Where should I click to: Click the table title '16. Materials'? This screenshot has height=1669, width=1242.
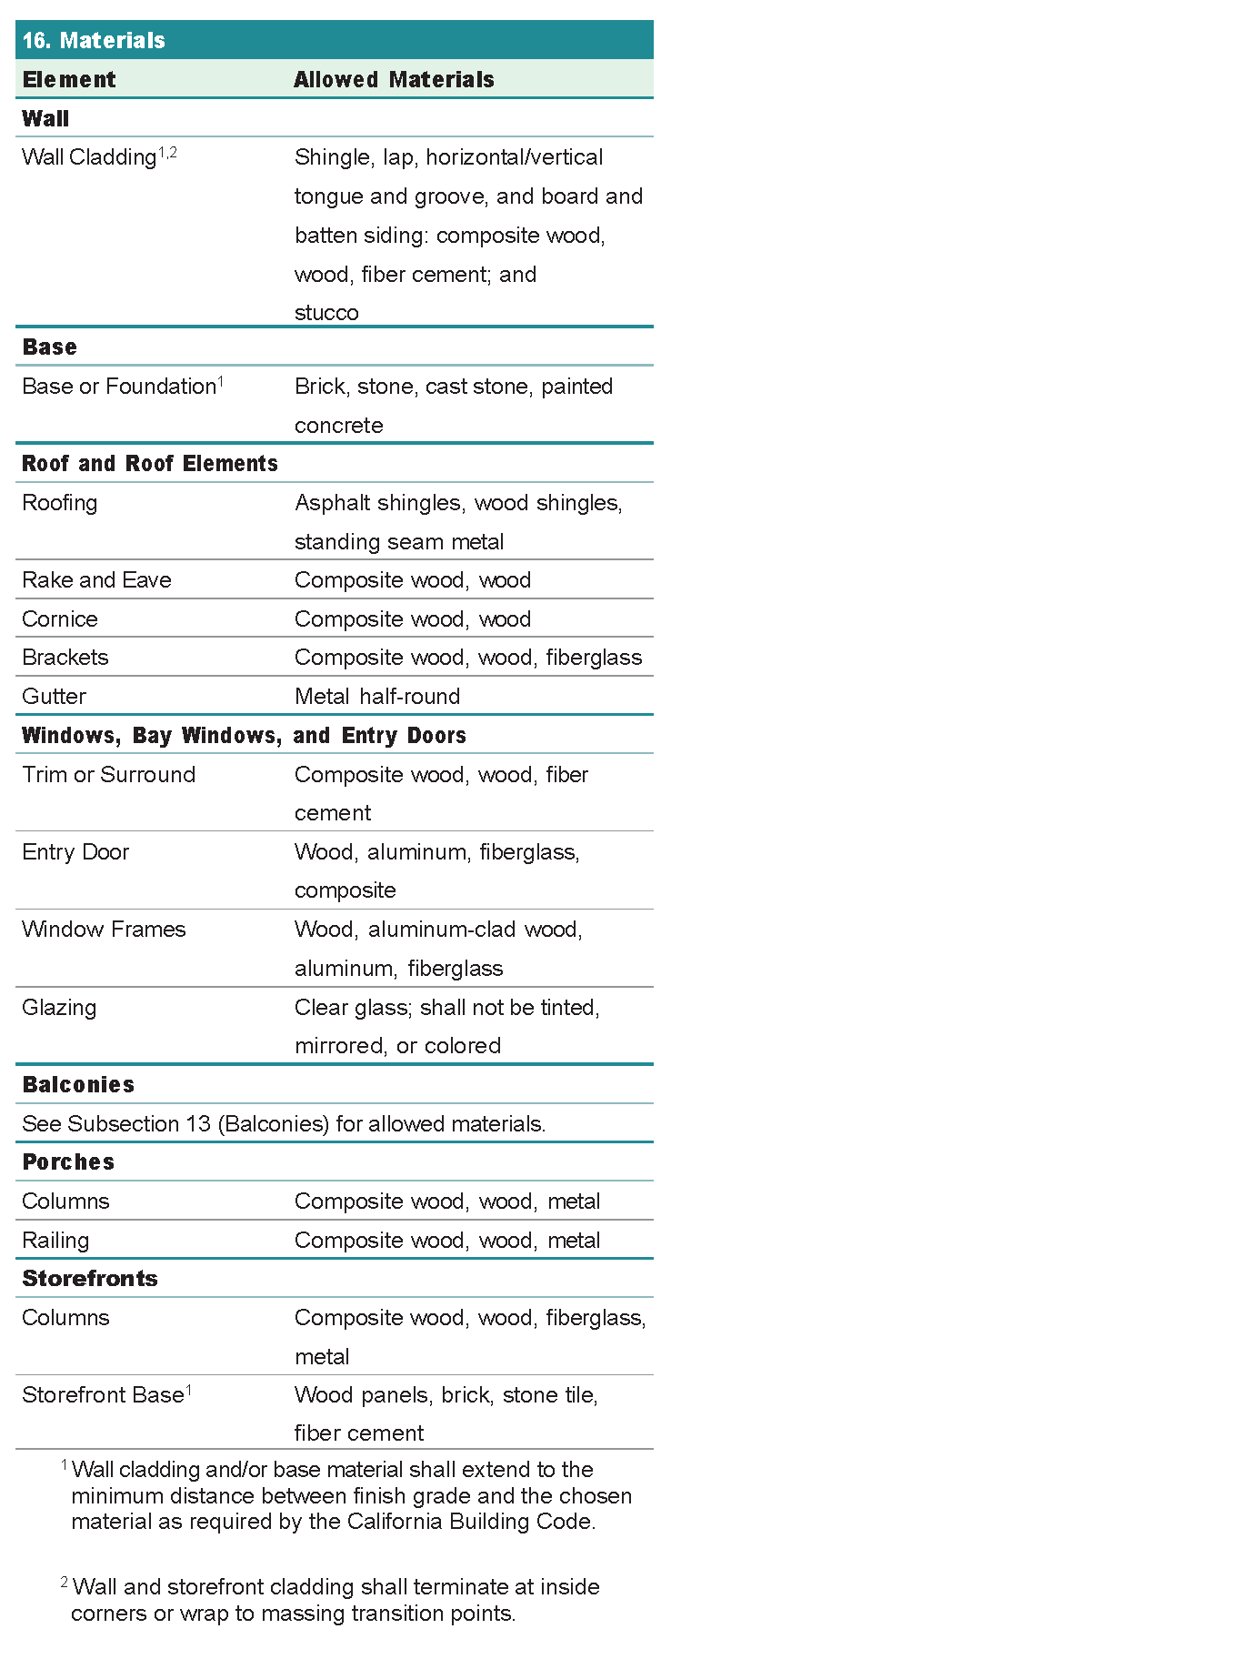pyautogui.click(x=94, y=41)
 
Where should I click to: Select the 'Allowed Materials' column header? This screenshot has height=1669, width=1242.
pyautogui.click(x=394, y=80)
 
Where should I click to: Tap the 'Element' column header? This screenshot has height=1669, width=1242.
pyautogui.click(x=69, y=80)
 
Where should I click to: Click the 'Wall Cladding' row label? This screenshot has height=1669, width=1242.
pyautogui.click(x=89, y=157)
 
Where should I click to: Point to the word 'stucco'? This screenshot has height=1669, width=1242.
pyautogui.click(x=326, y=313)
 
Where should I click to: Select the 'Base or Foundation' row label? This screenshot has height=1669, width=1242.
pyautogui.click(x=119, y=387)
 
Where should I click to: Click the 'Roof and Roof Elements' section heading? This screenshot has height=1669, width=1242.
pyautogui.click(x=150, y=464)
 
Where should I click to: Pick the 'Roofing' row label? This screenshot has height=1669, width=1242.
pyautogui.click(x=60, y=503)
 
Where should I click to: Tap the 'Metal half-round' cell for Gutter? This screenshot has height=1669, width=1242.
pyautogui.click(x=377, y=697)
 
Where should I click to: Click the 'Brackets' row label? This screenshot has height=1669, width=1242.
pyautogui.click(x=65, y=658)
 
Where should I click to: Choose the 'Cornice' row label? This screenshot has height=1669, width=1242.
pyautogui.click(x=60, y=619)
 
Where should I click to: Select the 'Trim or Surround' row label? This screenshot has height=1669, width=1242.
pyautogui.click(x=109, y=775)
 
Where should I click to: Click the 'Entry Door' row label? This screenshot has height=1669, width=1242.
pyautogui.click(x=75, y=852)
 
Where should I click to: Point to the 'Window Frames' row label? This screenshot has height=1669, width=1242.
pyautogui.click(x=104, y=930)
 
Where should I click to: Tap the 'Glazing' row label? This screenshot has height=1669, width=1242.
pyautogui.click(x=59, y=1008)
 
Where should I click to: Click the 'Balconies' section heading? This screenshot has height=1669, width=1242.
pyautogui.click(x=78, y=1085)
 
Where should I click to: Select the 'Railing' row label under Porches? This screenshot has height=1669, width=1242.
pyautogui.click(x=55, y=1241)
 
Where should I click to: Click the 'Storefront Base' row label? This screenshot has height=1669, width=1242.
pyautogui.click(x=103, y=1395)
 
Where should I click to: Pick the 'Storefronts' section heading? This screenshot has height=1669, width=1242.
pyautogui.click(x=90, y=1279)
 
